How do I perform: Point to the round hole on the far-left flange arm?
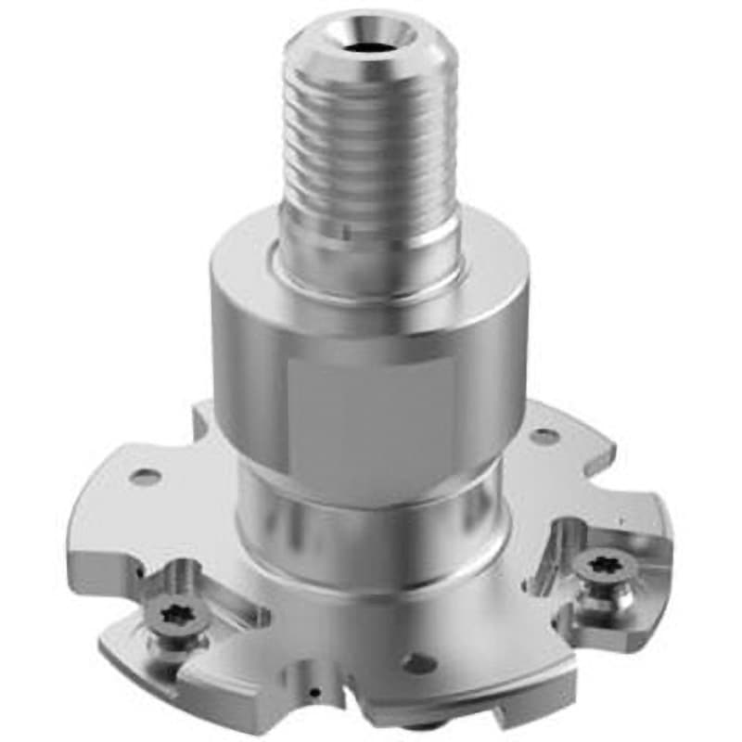[145, 478]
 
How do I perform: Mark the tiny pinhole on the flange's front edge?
[315, 691]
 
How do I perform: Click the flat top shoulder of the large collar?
[241, 269]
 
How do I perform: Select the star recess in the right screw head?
[592, 564]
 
